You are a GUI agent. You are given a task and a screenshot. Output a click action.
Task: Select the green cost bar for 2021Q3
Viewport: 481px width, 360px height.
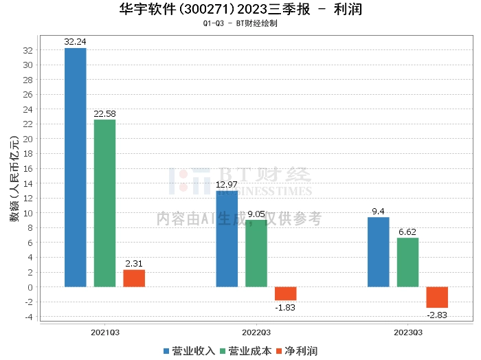click(x=104, y=203)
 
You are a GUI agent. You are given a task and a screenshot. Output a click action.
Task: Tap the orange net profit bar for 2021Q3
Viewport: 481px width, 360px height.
click(x=134, y=278)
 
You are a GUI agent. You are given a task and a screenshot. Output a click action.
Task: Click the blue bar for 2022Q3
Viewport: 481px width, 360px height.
click(x=227, y=238)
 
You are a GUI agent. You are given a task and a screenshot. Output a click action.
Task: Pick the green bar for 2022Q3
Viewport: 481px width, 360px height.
click(x=256, y=253)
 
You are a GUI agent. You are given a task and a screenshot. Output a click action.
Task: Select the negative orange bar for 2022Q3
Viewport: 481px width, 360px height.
click(x=286, y=293)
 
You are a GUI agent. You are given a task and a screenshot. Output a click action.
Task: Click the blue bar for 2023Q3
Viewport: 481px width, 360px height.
click(x=378, y=251)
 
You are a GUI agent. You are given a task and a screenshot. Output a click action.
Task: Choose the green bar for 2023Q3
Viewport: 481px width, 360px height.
click(x=407, y=262)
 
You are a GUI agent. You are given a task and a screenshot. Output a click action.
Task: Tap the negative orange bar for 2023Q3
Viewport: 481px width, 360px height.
click(x=437, y=297)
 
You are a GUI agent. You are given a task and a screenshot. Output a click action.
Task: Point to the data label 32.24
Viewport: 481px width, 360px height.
click(x=76, y=41)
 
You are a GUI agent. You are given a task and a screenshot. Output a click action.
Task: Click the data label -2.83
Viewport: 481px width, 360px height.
click(x=437, y=315)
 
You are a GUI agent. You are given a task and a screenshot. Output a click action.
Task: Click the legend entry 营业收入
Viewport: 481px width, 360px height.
click(x=188, y=351)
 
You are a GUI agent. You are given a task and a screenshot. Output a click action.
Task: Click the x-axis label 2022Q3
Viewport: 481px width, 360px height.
click(x=256, y=331)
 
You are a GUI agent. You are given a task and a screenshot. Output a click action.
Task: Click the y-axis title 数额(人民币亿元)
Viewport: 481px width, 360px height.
click(x=14, y=181)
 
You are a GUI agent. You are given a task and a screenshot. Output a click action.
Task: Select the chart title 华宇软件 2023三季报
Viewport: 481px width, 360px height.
click(x=240, y=10)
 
